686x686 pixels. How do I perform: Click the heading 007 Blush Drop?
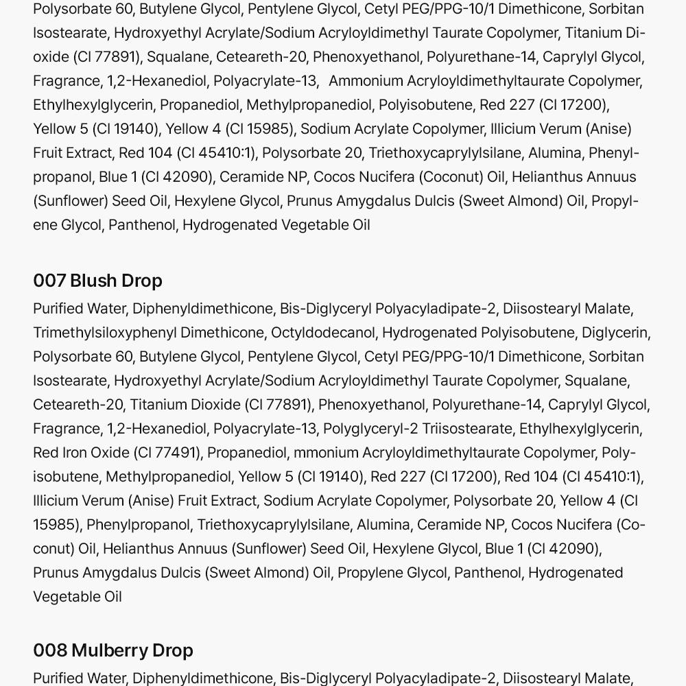point(97,281)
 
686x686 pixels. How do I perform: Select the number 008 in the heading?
point(49,650)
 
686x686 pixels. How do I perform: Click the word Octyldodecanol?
point(322,333)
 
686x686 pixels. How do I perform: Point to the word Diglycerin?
point(614,333)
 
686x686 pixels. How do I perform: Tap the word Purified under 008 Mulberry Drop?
point(60,678)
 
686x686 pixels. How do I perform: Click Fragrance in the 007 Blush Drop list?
point(66,429)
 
